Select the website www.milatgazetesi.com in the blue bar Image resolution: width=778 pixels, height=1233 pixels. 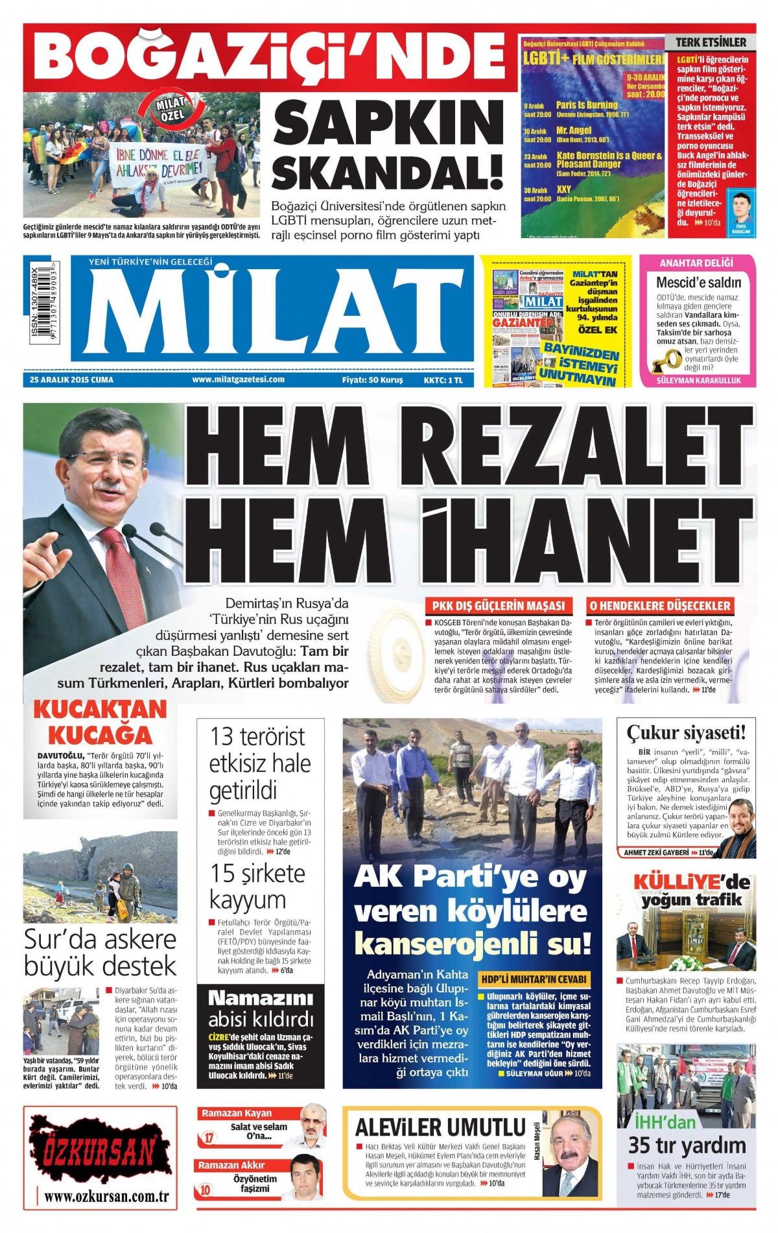pos(239,380)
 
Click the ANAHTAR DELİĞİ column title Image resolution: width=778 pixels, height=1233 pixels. pos(696,263)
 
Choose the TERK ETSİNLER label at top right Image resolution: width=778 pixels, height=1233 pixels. pos(711,42)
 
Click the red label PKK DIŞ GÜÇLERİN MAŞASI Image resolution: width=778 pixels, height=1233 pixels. pos(499,606)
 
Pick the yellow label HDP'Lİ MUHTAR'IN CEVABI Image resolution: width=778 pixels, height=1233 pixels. pos(534,979)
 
